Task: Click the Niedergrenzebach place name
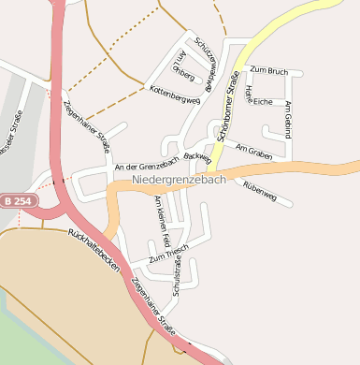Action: pos(179,179)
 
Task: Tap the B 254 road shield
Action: pos(16,200)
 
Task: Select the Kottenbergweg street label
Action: pos(175,94)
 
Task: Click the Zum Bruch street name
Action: pos(269,71)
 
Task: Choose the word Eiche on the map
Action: pos(263,101)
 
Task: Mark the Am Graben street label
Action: pos(253,150)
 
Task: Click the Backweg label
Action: pos(198,156)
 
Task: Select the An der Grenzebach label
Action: pos(145,166)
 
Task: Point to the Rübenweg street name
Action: pos(259,186)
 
